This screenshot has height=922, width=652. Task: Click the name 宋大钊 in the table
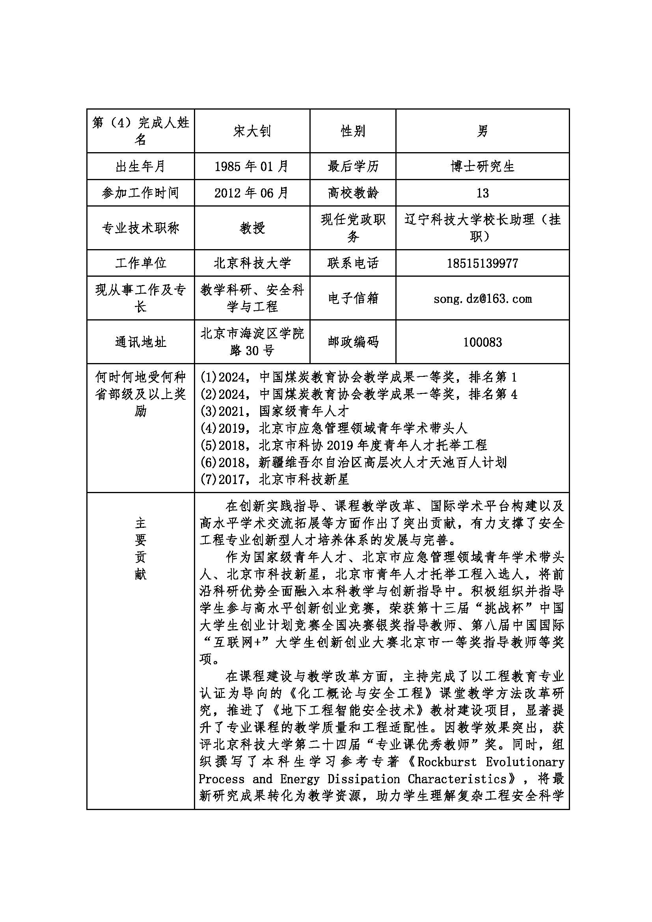pyautogui.click(x=252, y=131)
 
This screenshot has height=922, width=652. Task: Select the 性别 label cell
pyautogui.click(x=352, y=131)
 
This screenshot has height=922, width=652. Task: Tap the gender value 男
pyautogui.click(x=482, y=131)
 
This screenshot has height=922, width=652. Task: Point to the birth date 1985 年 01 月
pyautogui.click(x=252, y=166)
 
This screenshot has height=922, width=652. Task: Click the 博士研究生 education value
pyautogui.click(x=482, y=166)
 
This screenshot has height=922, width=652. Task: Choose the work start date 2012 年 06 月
pyautogui.click(x=252, y=193)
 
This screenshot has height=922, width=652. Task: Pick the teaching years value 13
pyautogui.click(x=482, y=193)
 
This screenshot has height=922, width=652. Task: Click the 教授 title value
pyautogui.click(x=252, y=228)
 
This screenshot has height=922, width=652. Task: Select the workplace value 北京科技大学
pyautogui.click(x=252, y=263)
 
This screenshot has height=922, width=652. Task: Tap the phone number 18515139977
pyautogui.click(x=482, y=263)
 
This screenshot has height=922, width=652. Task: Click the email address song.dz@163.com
pyautogui.click(x=482, y=299)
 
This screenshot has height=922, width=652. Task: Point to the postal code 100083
pyautogui.click(x=482, y=342)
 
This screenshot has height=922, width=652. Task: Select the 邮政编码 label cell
pyautogui.click(x=352, y=342)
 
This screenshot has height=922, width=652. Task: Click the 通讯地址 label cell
pyautogui.click(x=140, y=342)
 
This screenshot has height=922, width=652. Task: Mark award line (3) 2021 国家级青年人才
pyautogui.click(x=275, y=411)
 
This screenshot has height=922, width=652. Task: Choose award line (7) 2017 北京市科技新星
pyautogui.click(x=275, y=479)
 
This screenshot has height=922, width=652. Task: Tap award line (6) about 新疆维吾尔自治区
pyautogui.click(x=353, y=462)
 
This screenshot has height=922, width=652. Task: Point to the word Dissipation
pyautogui.click(x=363, y=779)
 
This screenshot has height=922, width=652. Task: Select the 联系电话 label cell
pyautogui.click(x=352, y=263)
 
